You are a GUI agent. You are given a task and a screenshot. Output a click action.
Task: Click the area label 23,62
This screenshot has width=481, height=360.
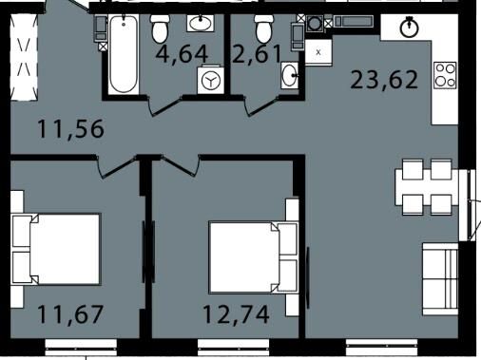point(384,80)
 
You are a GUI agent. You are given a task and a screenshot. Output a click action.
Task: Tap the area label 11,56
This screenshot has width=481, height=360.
point(70,128)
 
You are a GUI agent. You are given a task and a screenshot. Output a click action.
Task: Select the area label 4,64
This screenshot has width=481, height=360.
point(182,54)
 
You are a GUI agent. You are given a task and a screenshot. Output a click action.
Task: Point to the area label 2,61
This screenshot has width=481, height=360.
point(257,54)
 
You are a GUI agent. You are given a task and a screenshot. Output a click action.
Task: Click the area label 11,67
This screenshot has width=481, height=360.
point(70,314)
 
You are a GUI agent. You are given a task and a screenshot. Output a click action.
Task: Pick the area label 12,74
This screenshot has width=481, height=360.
point(236,314)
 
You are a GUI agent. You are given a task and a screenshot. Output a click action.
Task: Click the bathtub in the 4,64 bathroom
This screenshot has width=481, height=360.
point(124,54)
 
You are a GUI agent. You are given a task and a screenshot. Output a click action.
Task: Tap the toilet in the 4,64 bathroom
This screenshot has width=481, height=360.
point(160,28)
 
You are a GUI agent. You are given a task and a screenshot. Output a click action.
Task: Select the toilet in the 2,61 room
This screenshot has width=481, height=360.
point(264,28)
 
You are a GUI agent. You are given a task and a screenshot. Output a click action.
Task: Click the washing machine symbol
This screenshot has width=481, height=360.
point(211,80)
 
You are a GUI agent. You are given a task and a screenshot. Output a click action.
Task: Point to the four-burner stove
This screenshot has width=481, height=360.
point(445,75)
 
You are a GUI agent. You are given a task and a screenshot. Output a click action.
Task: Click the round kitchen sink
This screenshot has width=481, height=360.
point(410,28)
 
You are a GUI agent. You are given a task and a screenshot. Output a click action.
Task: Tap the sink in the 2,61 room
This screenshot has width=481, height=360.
point(290,75)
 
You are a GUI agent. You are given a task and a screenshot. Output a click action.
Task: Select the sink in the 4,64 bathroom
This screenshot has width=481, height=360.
point(201,23)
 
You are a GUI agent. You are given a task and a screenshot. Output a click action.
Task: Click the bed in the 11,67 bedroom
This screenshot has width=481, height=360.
point(56,249)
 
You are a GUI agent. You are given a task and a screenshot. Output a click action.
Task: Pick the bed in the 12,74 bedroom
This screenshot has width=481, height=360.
point(254,257)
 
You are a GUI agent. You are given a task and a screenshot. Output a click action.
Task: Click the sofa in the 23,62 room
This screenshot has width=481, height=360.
point(440,279)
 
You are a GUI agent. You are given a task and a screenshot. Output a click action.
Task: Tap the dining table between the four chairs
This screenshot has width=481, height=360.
point(427,187)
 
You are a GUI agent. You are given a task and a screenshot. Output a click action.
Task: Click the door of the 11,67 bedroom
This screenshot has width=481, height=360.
point(117,167)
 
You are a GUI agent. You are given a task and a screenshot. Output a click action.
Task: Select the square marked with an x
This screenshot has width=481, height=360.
point(318,52)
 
